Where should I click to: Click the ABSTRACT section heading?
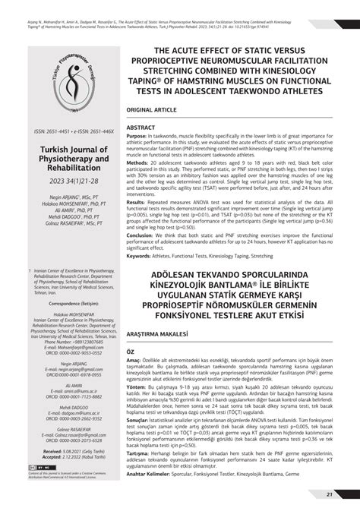click(x=143, y=126)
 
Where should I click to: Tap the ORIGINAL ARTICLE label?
click(x=157, y=110)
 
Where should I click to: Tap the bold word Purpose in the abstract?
click(x=141, y=135)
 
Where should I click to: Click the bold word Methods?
click(x=141, y=162)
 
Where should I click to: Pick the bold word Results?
click(x=139, y=202)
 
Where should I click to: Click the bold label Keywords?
click(x=144, y=256)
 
